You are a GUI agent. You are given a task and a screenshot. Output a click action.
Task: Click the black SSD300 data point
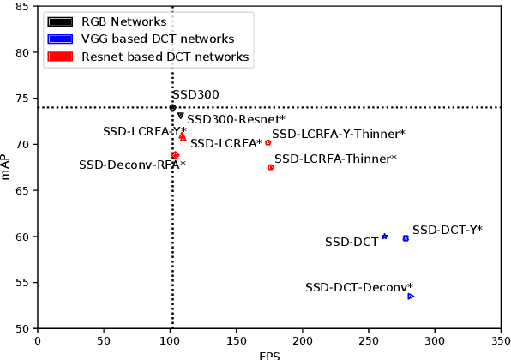pyautogui.click(x=172, y=107)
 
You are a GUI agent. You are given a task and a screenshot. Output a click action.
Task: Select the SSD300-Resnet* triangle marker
pyautogui.click(x=180, y=116)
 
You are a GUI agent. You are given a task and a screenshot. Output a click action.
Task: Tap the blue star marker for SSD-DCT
pyautogui.click(x=384, y=237)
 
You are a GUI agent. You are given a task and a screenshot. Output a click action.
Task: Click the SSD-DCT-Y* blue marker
pyautogui.click(x=406, y=238)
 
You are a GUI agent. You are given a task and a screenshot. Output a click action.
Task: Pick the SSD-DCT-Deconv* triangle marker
pyautogui.click(x=411, y=297)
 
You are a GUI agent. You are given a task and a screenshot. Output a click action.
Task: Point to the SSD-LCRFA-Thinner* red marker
pyautogui.click(x=271, y=167)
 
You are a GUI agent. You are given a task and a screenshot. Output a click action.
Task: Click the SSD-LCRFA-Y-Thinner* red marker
pyautogui.click(x=268, y=142)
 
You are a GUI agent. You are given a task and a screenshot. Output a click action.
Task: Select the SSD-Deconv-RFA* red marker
pyautogui.click(x=175, y=155)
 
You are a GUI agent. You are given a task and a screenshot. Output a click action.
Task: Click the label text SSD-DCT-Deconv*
pyautogui.click(x=358, y=287)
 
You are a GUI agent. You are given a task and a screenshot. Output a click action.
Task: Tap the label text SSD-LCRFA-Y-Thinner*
pyautogui.click(x=338, y=134)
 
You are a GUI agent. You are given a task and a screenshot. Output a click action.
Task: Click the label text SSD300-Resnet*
pyautogui.click(x=236, y=120)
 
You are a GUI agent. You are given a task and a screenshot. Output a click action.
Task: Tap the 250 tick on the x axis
pyautogui.click(x=368, y=340)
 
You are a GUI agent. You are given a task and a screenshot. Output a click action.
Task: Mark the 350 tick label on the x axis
pyautogui.click(x=500, y=340)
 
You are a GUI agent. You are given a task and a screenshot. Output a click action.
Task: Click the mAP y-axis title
pyautogui.click(x=7, y=167)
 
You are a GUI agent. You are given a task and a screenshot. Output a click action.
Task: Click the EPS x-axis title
pyautogui.click(x=268, y=355)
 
